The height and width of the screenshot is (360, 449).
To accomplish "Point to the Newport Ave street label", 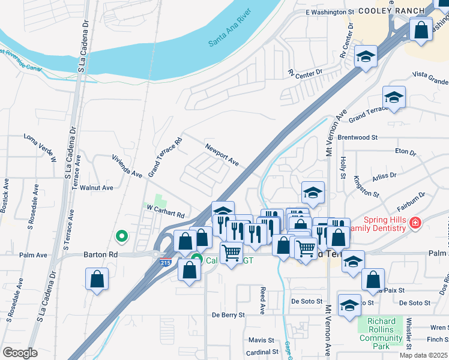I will [221, 154].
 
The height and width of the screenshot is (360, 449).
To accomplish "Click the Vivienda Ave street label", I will [127, 166].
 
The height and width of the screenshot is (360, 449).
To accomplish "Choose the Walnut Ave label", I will [97, 188].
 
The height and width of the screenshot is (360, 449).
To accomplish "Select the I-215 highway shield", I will [165, 262].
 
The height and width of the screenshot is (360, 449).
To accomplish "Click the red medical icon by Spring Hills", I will [415, 224].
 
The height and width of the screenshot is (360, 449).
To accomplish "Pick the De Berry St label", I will [229, 314].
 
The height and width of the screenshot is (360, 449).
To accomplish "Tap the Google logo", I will [20, 353].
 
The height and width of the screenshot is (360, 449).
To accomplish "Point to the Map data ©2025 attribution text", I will [424, 355].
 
